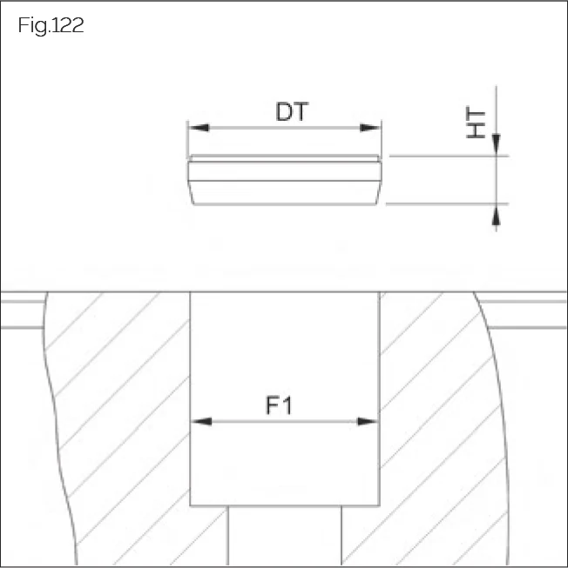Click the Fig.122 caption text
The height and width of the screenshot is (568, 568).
51,25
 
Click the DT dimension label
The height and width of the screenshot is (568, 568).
293,112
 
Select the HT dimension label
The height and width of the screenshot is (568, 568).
476,123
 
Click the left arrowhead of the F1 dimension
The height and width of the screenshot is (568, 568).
200,422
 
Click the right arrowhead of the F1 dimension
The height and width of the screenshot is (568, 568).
369,422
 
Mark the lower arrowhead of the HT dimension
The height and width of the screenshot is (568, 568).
496,214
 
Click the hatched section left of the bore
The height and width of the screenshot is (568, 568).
122,418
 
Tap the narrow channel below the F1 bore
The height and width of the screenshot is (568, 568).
284,535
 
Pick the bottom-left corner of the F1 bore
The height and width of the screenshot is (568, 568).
191,506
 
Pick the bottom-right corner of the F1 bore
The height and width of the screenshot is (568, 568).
379,506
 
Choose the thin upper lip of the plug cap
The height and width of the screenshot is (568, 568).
285,158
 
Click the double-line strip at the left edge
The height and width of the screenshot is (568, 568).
22,314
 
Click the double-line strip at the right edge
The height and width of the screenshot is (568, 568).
531,314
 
